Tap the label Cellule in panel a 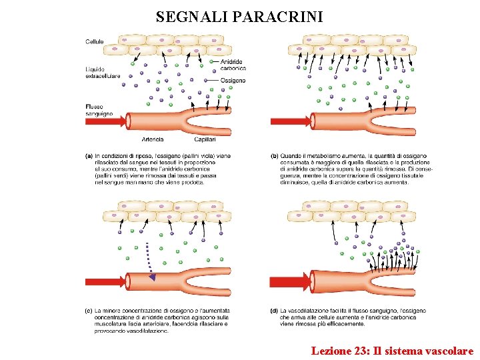pyautogui.click(x=95, y=42)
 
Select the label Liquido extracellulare pyautogui.click(x=103, y=73)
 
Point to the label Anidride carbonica pyautogui.click(x=233, y=65)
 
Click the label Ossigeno pyautogui.click(x=233, y=81)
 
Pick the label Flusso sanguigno pyautogui.click(x=99, y=110)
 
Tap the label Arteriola pyautogui.click(x=153, y=139)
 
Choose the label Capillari pyautogui.click(x=205, y=139)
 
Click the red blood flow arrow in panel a pyautogui.click(x=105, y=121)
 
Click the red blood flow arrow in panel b pyautogui.click(x=290, y=121)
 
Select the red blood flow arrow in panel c pyautogui.click(x=105, y=281)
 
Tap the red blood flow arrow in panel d pyautogui.click(x=290, y=281)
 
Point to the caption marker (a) pyautogui.click(x=89, y=156)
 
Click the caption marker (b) pyautogui.click(x=274, y=156)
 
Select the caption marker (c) pyautogui.click(x=89, y=311)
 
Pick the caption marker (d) pyautogui.click(x=274, y=311)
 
